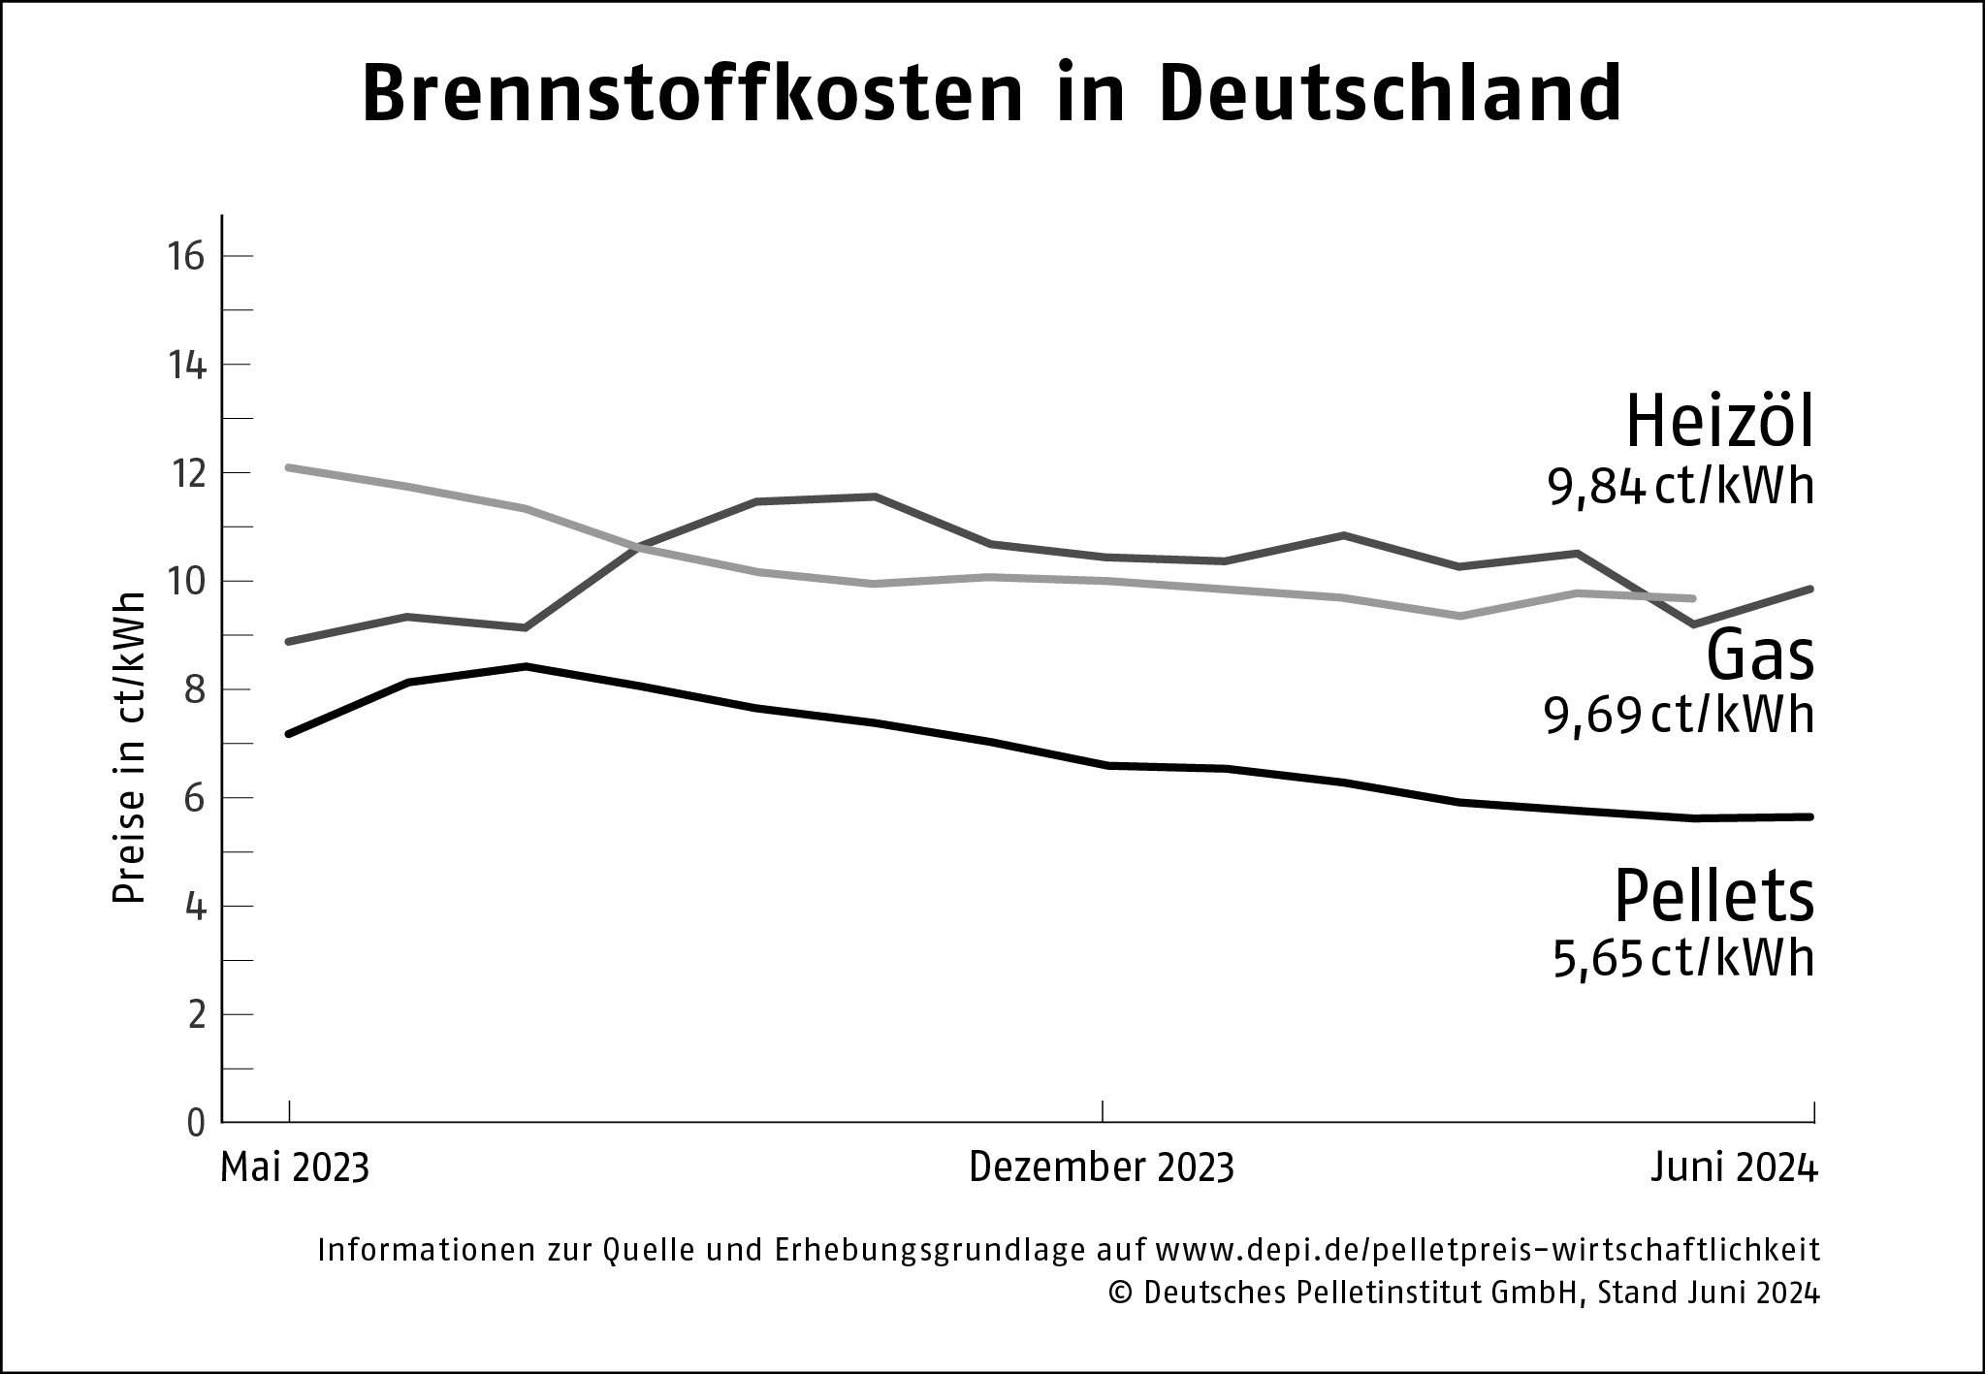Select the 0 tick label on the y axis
[196, 1123]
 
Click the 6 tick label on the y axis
[196, 798]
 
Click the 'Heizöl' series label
[1718, 424]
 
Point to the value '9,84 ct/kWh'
[1680, 488]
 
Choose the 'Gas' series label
[1759, 656]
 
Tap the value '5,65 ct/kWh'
[1682, 959]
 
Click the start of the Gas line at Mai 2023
[289, 467]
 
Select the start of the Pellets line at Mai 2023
[289, 734]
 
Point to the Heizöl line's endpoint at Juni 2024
[1809, 589]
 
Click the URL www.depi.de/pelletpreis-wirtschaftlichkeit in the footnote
[1489, 1250]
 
